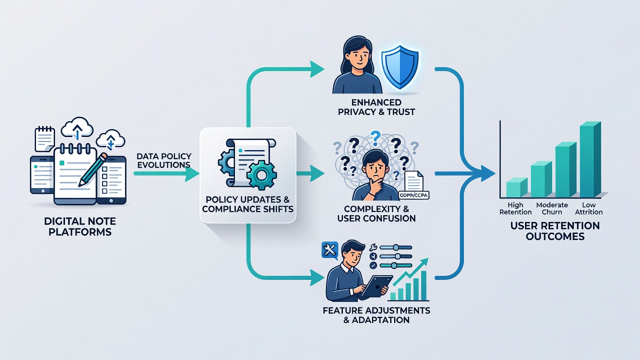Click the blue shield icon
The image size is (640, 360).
point(400,67)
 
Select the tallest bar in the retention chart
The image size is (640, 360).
point(590,159)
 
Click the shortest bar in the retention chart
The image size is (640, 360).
point(517,187)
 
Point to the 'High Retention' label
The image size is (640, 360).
point(515,208)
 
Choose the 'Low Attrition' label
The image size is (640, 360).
point(589,208)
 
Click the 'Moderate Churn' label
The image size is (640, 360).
point(552,208)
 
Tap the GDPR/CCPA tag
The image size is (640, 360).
point(413,195)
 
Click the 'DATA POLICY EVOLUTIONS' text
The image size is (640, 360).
point(163,160)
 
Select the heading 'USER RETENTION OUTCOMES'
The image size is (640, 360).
point(555,231)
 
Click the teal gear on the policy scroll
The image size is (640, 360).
point(261,175)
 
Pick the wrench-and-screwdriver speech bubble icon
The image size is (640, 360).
point(330,250)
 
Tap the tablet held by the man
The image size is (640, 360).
point(377,286)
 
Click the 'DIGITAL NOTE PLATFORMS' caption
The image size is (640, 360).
point(80,226)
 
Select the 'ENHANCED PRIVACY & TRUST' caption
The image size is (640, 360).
point(376,107)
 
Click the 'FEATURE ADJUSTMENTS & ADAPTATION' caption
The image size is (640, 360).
point(376,315)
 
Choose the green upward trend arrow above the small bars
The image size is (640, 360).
point(411,271)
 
